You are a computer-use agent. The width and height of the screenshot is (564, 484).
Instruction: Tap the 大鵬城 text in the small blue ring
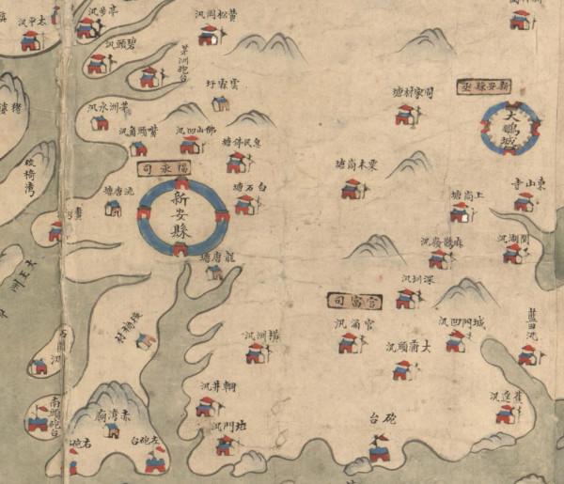point(509,130)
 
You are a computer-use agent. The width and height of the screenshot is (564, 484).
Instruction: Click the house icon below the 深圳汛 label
point(406,299)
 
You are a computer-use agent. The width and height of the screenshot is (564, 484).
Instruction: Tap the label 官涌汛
point(356,324)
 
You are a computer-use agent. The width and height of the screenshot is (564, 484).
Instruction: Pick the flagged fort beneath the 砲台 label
point(380,452)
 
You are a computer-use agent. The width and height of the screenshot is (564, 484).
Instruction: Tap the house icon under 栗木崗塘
point(352,189)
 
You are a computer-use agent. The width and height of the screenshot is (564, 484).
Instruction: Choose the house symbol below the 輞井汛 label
point(206,406)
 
